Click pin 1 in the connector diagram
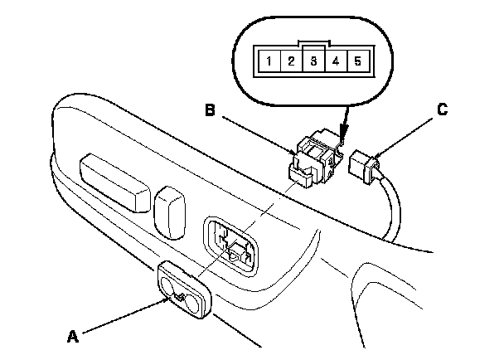coord(270,61)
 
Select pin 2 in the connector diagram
coord(291,61)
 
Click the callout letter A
coord(73,336)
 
